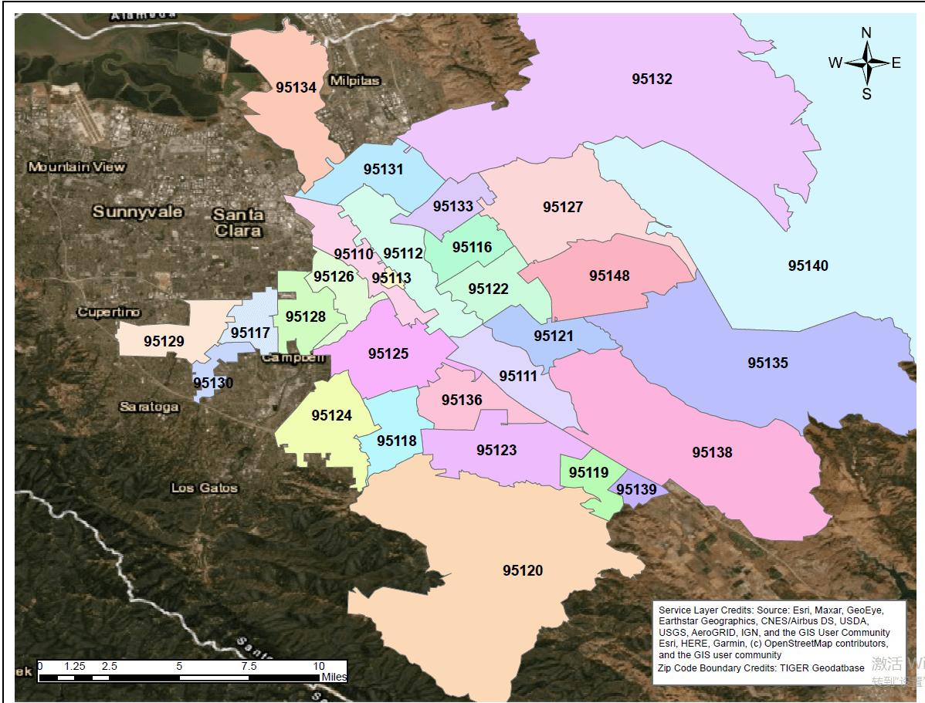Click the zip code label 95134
[296, 87]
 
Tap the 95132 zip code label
[652, 79]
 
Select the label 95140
[808, 265]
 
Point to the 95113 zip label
[391, 278]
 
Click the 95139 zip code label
[636, 489]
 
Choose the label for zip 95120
[523, 570]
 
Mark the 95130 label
[213, 383]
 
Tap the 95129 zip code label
[164, 340]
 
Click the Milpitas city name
[354, 81]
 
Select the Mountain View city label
[76, 167]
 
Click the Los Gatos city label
[205, 488]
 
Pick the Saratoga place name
[149, 407]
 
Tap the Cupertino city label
[109, 313]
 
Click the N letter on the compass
[866, 32]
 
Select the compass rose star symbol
[866, 63]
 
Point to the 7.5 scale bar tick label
[249, 666]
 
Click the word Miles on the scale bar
[334, 677]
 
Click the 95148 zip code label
[609, 275]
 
